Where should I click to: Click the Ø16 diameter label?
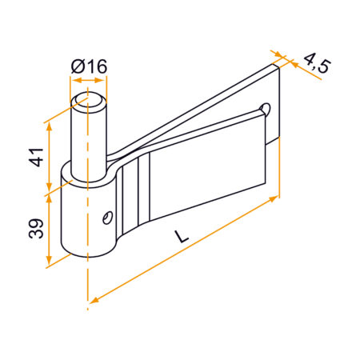tap(89, 67)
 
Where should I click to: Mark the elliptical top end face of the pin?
tap(88, 100)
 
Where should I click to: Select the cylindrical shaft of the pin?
tap(88, 136)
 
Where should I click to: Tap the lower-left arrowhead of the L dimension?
tap(93, 299)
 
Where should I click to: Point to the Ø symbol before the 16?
tap(78, 67)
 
